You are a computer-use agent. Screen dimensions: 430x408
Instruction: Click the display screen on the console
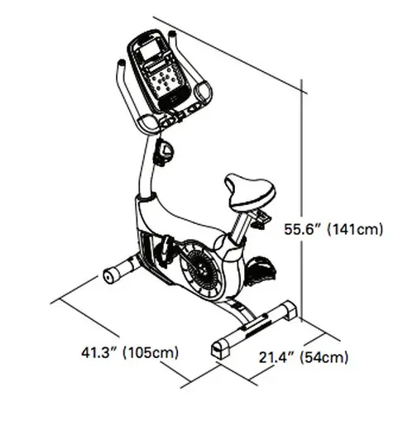click(153, 58)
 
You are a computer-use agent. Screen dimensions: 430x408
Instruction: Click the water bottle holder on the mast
click(166, 152)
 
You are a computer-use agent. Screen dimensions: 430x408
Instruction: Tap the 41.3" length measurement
click(98, 353)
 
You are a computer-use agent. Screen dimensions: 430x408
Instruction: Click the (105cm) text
click(150, 353)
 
